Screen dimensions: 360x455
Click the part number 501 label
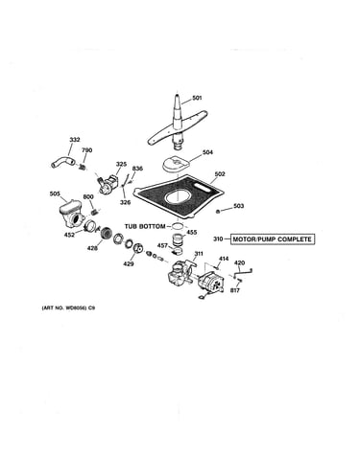click(197, 98)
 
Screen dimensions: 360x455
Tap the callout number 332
click(75, 140)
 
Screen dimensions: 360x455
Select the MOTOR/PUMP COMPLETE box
click(273, 239)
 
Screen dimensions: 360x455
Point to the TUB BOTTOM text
click(145, 226)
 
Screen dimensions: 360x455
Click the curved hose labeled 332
click(63, 161)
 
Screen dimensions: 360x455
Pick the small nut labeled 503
click(218, 211)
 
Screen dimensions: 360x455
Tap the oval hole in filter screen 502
click(179, 197)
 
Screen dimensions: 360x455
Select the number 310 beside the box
click(218, 239)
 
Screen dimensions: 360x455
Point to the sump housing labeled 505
click(71, 214)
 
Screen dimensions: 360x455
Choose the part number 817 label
click(234, 290)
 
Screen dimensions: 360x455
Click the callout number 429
click(129, 263)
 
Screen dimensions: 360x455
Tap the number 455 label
click(192, 232)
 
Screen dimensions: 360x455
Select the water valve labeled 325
click(108, 183)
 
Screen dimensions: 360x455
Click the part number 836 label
click(137, 169)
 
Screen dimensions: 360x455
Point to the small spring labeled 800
click(94, 211)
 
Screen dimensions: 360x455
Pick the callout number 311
click(199, 254)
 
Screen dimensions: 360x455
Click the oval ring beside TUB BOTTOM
click(177, 226)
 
